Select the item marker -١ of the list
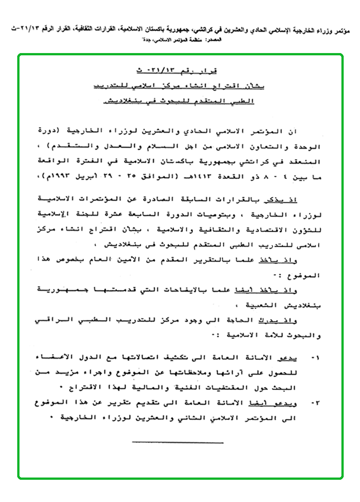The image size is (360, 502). [x=315, y=358]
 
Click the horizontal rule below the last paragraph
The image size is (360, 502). [x=178, y=442]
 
